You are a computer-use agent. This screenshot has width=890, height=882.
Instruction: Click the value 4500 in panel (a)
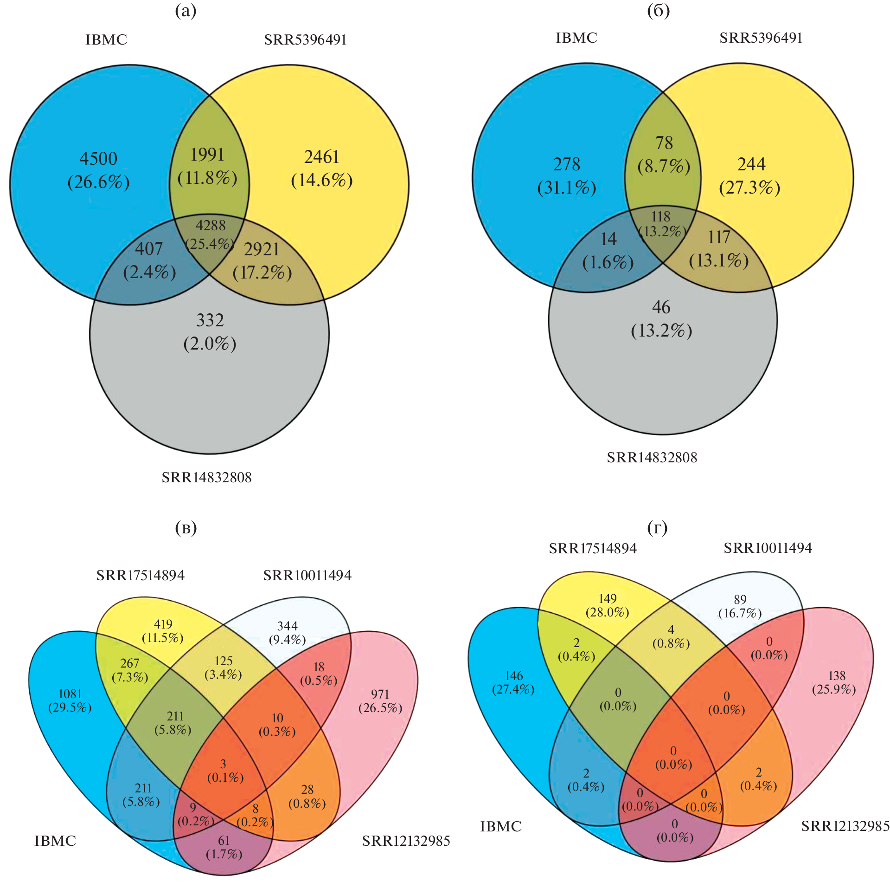(x=98, y=159)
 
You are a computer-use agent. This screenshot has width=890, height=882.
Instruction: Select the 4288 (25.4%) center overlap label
(x=210, y=235)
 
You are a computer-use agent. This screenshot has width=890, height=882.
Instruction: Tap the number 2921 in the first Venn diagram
(x=262, y=250)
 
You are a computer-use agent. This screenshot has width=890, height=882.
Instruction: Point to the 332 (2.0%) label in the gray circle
(x=210, y=332)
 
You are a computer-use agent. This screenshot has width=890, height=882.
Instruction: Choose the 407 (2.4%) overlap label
(x=149, y=260)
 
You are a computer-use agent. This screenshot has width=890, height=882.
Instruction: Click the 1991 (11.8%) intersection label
(x=207, y=166)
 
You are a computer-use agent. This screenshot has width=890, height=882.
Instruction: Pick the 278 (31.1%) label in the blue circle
(x=567, y=176)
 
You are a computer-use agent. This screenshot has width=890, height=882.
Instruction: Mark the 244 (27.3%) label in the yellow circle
(x=750, y=176)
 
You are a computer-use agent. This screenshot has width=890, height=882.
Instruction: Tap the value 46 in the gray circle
(x=661, y=307)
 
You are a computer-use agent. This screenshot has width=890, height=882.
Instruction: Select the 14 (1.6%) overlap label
(x=608, y=251)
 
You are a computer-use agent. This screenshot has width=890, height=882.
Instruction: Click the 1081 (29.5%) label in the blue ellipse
(x=70, y=700)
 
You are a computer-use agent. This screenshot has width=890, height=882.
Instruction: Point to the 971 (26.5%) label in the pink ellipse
(x=380, y=701)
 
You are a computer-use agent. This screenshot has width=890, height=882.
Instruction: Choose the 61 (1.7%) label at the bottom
(x=224, y=847)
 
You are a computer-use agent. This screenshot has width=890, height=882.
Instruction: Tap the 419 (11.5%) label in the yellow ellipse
(x=163, y=631)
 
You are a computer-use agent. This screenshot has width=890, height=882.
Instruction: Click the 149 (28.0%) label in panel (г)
(x=608, y=605)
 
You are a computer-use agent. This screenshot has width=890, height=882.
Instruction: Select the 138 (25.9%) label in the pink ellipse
(x=834, y=682)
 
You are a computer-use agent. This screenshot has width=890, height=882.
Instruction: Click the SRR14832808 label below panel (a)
(x=206, y=478)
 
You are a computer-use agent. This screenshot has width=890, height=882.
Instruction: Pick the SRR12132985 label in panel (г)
(x=845, y=826)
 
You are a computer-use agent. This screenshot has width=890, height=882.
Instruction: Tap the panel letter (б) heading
(x=659, y=11)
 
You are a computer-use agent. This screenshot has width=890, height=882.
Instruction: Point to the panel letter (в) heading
(x=186, y=528)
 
